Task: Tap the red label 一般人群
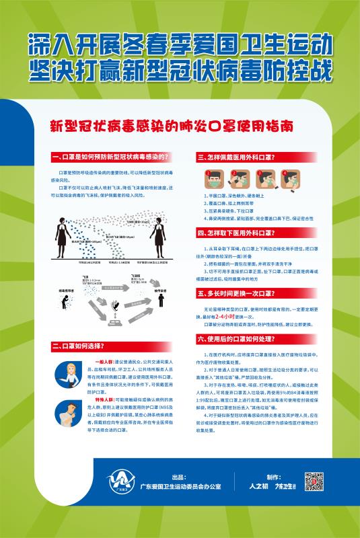point(107,362)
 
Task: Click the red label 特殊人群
point(107,400)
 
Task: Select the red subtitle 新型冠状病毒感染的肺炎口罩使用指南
point(181,125)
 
